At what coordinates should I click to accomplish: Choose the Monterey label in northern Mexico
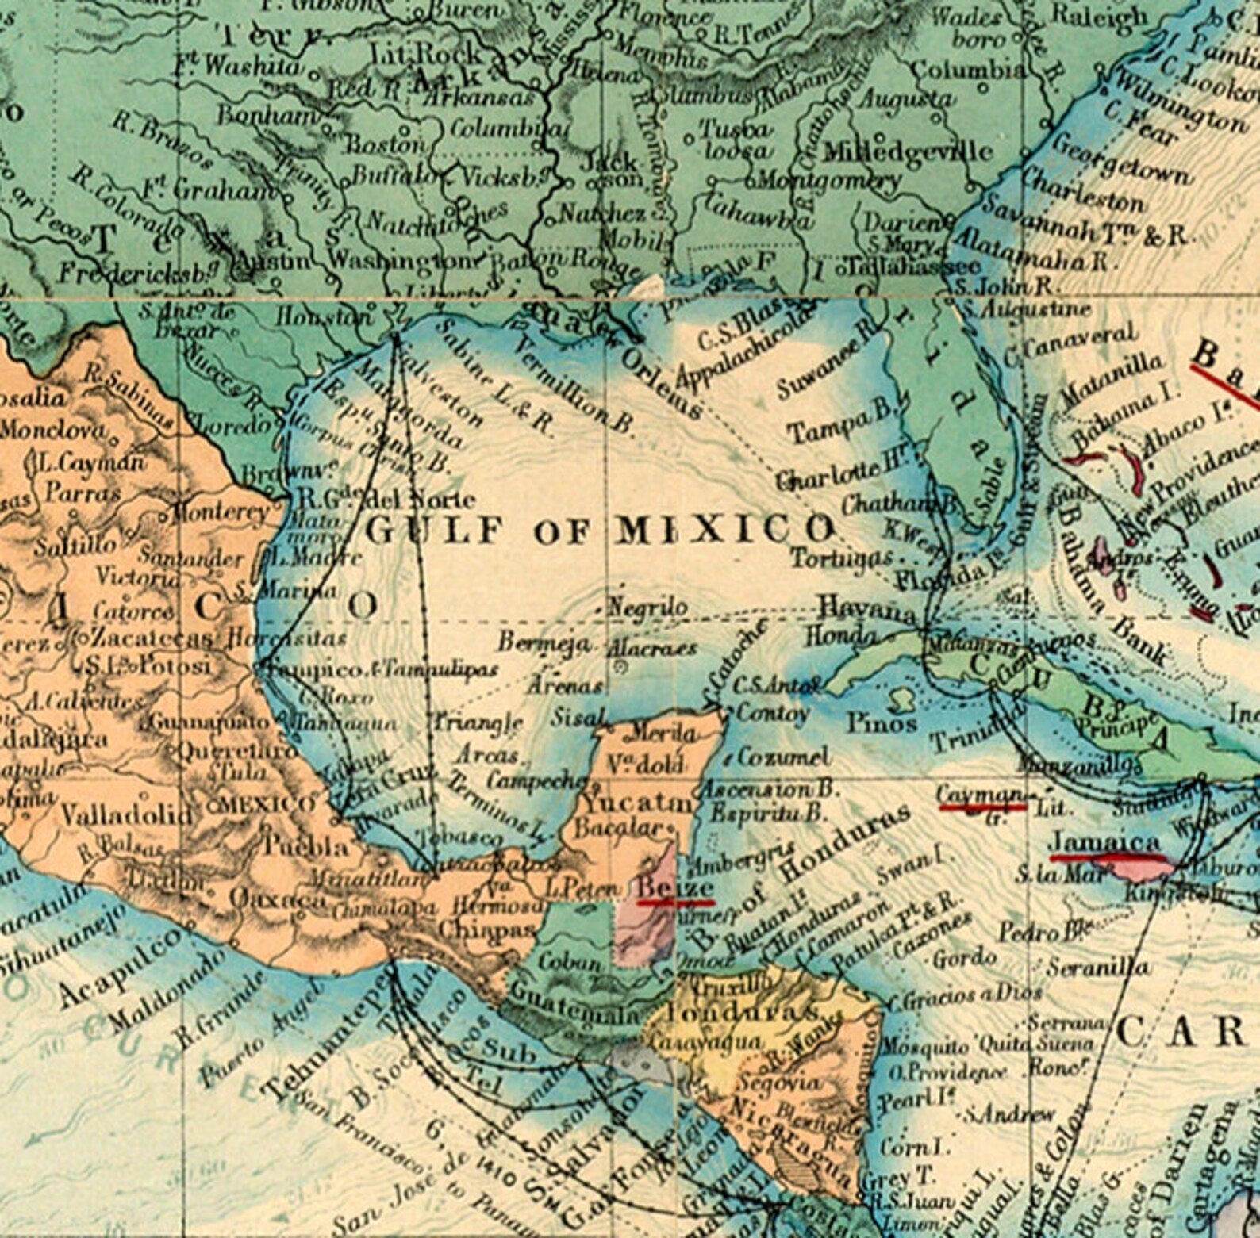tap(219, 512)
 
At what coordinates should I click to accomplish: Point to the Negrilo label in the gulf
tap(647, 608)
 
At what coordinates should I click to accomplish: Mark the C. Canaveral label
tap(1071, 343)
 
